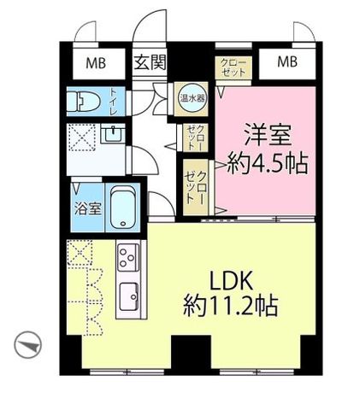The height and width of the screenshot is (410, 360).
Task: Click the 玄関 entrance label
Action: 150,62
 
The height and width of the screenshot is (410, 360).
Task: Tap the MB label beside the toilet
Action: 96,63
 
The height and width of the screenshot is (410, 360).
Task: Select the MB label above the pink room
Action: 287,61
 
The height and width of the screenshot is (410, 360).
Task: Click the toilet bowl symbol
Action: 84,102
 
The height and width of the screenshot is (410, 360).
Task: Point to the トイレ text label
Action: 114,102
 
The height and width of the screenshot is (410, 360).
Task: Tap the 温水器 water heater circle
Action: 192,98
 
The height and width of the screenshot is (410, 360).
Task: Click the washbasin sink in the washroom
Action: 113,133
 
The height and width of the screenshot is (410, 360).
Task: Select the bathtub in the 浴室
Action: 123,208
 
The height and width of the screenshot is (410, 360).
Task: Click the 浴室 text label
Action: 88,209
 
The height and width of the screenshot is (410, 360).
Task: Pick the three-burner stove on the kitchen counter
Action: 127,257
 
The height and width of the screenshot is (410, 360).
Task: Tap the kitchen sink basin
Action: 129,297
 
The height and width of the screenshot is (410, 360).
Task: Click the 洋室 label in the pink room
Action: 268,137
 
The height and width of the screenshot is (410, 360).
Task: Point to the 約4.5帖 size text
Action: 268,164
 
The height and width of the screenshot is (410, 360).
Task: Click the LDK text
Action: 231,282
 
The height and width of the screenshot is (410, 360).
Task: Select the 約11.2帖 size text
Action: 230,306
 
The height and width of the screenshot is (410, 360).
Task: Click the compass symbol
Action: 28,345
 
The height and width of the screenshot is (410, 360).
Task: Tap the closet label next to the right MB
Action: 233,67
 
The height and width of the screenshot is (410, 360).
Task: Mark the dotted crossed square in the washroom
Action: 83,138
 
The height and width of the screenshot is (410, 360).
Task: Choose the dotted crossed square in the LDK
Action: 80,253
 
